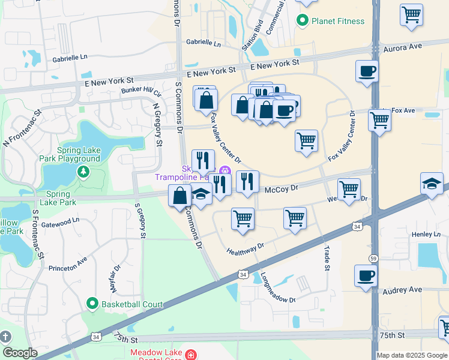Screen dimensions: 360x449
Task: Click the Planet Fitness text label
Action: (338, 21)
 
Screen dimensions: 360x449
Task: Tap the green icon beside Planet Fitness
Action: (304, 21)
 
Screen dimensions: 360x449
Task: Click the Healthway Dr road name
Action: (245, 248)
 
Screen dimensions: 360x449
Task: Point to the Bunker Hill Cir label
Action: (141, 91)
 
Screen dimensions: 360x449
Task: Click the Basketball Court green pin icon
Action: (92, 304)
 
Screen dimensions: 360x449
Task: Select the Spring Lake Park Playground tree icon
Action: (83, 173)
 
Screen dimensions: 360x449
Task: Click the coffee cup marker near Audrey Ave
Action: (366, 275)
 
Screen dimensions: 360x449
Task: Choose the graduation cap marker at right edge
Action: (432, 184)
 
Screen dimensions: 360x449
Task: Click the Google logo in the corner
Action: (20, 353)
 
